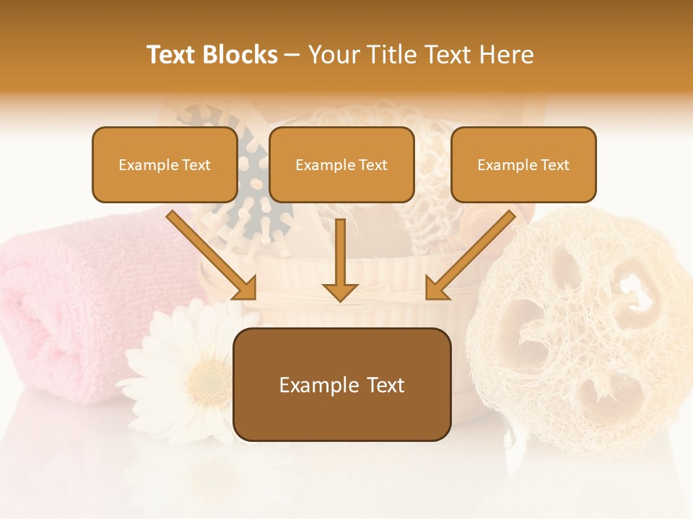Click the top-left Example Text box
tap(165, 165)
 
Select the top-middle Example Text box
tap(341, 165)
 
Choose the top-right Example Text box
tap(523, 165)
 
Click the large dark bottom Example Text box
tap(342, 385)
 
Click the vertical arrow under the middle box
tap(340, 259)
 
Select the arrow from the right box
tap(470, 255)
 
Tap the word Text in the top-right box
tap(554, 165)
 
